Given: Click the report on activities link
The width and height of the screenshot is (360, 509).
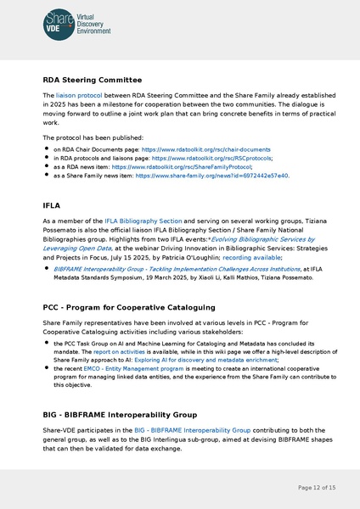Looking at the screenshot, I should [119, 350].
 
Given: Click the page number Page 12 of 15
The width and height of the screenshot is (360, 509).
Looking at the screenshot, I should [317, 488].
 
